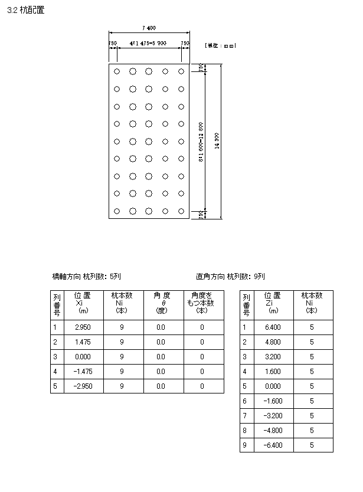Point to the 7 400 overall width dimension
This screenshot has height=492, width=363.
pyautogui.click(x=149, y=28)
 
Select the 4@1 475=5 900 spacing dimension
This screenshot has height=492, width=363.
pyautogui.click(x=149, y=43)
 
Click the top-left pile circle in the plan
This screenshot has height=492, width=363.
pyautogui.click(x=117, y=71)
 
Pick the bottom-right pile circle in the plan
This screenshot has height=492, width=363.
pyautogui.click(x=182, y=211)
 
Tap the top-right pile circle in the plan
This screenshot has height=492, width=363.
pyautogui.click(x=182, y=71)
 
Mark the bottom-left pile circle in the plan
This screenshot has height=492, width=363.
pyautogui.click(x=117, y=211)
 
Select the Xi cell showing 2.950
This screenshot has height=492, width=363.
pyautogui.click(x=83, y=327)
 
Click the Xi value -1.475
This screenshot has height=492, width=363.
pyautogui.click(x=83, y=371)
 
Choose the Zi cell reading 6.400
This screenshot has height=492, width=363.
pyautogui.click(x=272, y=327)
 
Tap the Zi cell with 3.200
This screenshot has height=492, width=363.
pyautogui.click(x=272, y=356)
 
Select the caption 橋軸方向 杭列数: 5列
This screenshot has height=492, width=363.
pyautogui.click(x=87, y=276)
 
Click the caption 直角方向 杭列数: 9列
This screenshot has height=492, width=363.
pyautogui.click(x=230, y=276)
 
